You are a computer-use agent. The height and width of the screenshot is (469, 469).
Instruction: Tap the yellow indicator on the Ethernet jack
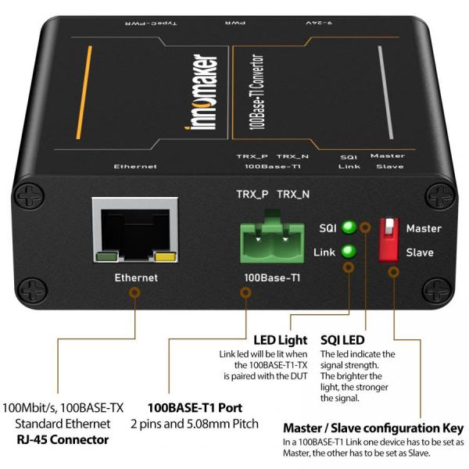tap(165, 255)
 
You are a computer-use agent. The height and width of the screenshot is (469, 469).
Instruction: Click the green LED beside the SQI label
tap(349, 227)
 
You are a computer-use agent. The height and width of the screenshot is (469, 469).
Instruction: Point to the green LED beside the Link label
tap(349, 252)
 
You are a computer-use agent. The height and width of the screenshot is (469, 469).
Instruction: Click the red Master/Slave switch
tap(388, 238)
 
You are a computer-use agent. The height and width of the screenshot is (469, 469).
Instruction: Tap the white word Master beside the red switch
tap(424, 228)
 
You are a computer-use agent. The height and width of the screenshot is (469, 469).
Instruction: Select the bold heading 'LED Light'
tap(281, 340)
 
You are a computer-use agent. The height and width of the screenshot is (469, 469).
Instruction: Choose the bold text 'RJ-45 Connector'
tap(63, 439)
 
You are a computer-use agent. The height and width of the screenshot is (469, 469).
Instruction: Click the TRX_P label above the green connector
tap(251, 193)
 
